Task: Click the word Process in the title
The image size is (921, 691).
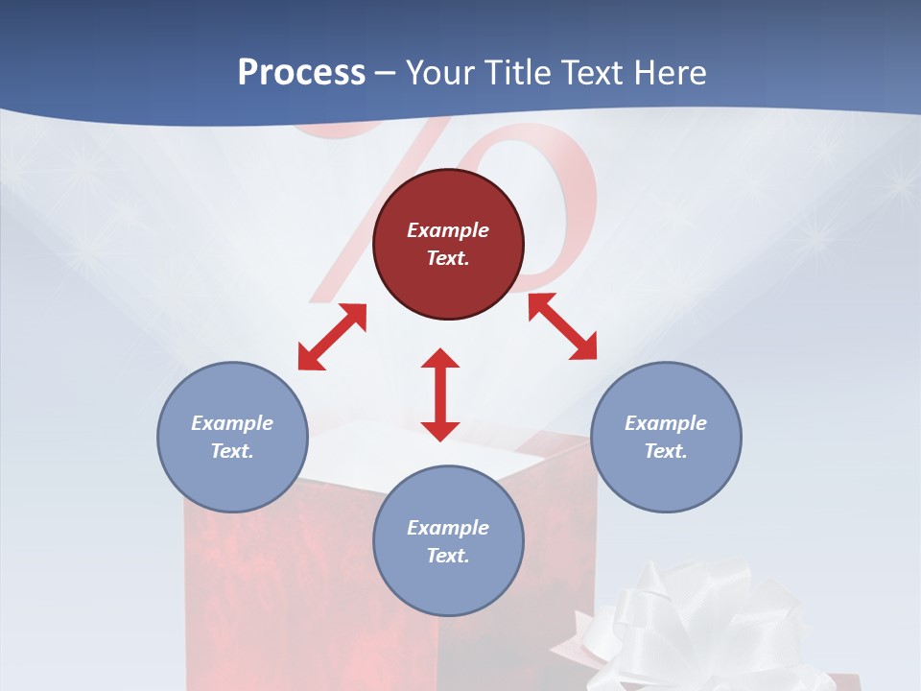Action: tap(301, 73)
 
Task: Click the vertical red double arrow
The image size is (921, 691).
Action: tap(440, 394)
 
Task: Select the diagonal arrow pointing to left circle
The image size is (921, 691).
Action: tap(332, 337)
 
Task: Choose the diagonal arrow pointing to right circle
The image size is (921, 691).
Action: tap(562, 326)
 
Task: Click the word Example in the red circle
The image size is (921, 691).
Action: tap(448, 230)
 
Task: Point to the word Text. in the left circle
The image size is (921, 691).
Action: tap(232, 451)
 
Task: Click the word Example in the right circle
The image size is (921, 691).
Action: tap(666, 423)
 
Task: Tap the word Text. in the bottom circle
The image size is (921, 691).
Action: tap(448, 556)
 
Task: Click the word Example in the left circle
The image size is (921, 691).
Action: tap(232, 423)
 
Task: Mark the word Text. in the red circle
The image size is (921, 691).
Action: tap(448, 258)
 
